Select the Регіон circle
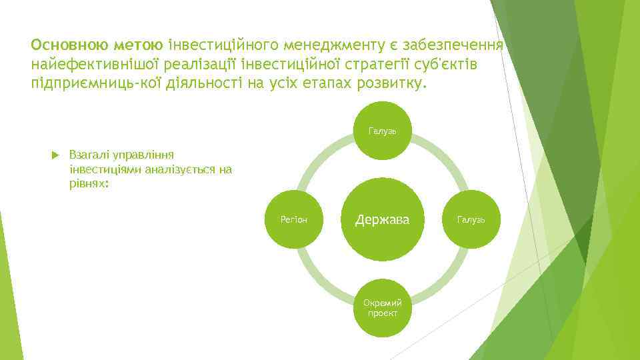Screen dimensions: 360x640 (x=294, y=219)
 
